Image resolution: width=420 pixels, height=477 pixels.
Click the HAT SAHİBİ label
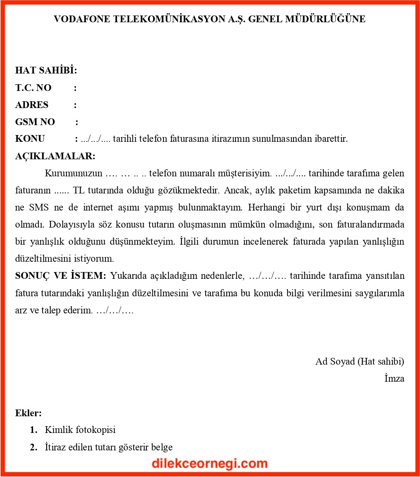point(46,71)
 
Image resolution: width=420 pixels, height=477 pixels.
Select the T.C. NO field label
point(33,88)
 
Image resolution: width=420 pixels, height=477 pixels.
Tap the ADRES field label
point(32,105)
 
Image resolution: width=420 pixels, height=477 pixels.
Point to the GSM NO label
point(35,122)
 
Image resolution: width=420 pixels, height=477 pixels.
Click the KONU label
point(30,139)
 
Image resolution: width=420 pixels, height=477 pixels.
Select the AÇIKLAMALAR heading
point(55,156)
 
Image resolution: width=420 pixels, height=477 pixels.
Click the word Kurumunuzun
point(74,173)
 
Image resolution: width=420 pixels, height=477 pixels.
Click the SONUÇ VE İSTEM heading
point(60,276)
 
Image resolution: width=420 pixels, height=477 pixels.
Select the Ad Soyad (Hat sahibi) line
point(360,361)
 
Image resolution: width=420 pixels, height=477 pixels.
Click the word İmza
point(394,379)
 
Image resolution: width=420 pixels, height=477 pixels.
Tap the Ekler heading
point(28,413)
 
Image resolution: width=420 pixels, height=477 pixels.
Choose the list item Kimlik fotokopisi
point(80,430)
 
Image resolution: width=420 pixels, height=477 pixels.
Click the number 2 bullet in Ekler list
point(33,447)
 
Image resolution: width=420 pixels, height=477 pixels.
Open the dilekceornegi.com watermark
point(210,463)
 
